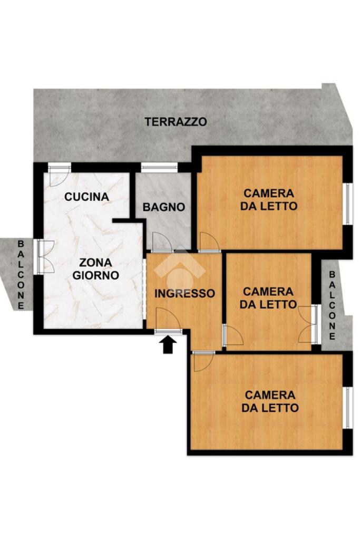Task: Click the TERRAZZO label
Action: pyautogui.click(x=176, y=122)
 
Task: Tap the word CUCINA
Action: pyautogui.click(x=87, y=197)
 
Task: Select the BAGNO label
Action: pyautogui.click(x=164, y=207)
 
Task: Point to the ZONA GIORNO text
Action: pyautogui.click(x=96, y=269)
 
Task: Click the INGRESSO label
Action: pyautogui.click(x=184, y=293)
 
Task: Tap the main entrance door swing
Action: pyautogui.click(x=168, y=320)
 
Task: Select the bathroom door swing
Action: pyautogui.click(x=162, y=241)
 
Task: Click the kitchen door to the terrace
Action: pyautogui.click(x=59, y=175)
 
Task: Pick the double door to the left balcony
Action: pyautogui.click(x=45, y=257)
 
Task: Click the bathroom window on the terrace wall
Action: pyautogui.click(x=159, y=167)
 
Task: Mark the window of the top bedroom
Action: pyautogui.click(x=349, y=204)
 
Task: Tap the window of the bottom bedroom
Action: pyautogui.click(x=349, y=408)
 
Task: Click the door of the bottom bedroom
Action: pyautogui.click(x=203, y=362)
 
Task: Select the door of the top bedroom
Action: pyautogui.click(x=209, y=242)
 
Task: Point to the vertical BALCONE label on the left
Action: pyautogui.click(x=21, y=274)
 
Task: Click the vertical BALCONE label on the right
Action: pyautogui.click(x=332, y=305)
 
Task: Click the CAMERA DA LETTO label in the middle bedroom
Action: pyautogui.click(x=268, y=298)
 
